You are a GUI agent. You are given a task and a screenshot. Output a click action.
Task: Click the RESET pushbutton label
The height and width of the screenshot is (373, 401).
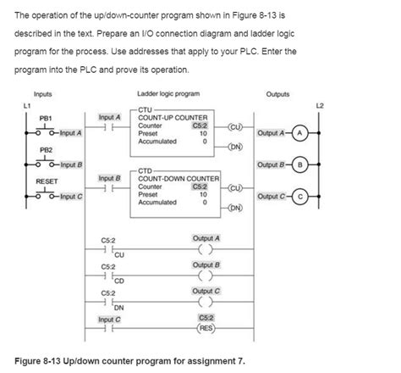point(46,181)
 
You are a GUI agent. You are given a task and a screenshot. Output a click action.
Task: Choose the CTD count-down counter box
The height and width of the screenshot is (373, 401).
point(178,188)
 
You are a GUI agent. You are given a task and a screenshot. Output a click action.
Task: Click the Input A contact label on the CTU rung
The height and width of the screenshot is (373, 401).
point(110,117)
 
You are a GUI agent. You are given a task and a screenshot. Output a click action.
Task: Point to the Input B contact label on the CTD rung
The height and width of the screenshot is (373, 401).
point(110,179)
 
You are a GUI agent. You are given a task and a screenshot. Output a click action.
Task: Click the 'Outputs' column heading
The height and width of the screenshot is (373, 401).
point(277,93)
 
